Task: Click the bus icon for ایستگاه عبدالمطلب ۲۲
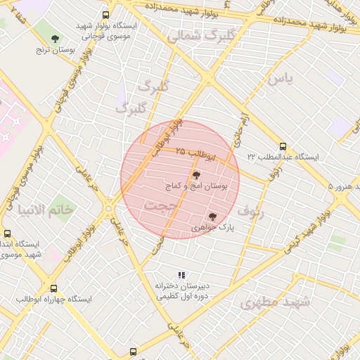coord(283,146)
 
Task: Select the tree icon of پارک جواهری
coord(212,217)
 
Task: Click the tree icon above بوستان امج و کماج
coord(196,175)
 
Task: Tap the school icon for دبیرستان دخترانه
coord(181,275)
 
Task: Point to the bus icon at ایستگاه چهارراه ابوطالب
coord(54,288)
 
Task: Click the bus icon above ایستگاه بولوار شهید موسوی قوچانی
coord(105,15)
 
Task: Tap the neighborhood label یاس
coord(278,78)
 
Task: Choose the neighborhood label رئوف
coord(250,210)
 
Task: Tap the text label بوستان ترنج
coord(56,51)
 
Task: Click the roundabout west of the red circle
coord(109,208)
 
